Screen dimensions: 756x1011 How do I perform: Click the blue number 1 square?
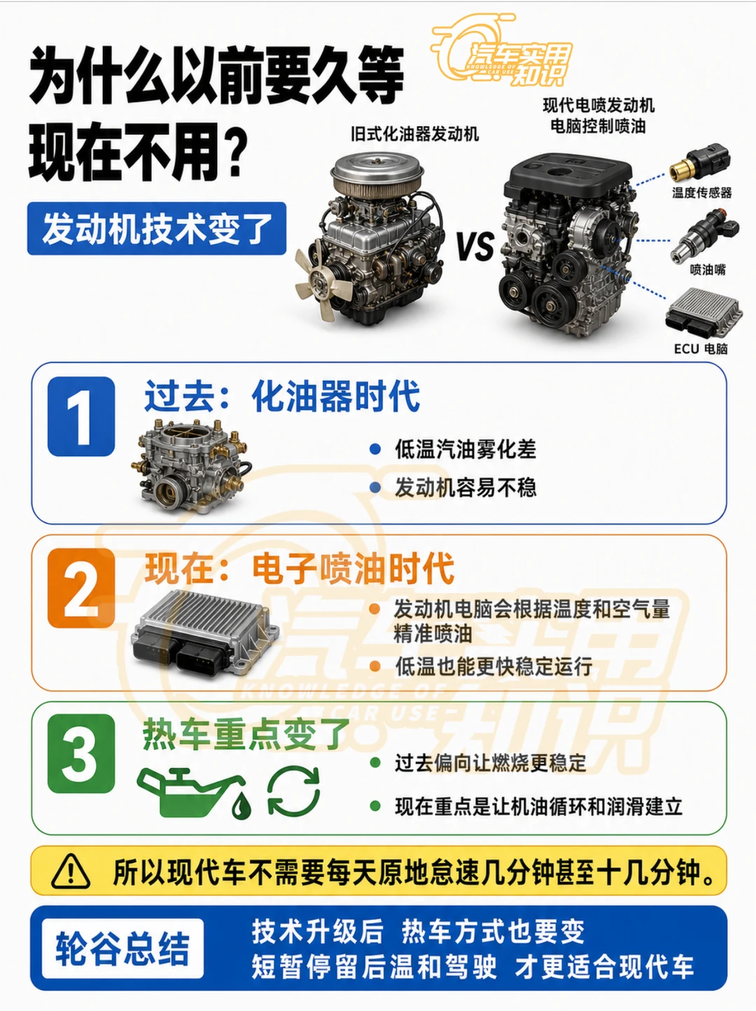pyautogui.click(x=81, y=416)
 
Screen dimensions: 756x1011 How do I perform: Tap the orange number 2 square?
pyautogui.click(x=81, y=588)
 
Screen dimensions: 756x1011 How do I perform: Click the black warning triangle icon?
pyautogui.click(x=71, y=870)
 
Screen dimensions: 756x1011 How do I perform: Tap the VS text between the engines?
pyautogui.click(x=475, y=245)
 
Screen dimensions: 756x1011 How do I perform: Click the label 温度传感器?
pyautogui.click(x=701, y=193)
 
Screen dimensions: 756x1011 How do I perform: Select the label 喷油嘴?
pyautogui.click(x=708, y=270)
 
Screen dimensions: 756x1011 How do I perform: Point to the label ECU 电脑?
pyautogui.click(x=701, y=349)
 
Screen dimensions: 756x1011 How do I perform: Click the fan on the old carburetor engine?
pyautogui.click(x=321, y=281)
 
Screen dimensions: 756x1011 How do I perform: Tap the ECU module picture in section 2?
pyautogui.click(x=205, y=632)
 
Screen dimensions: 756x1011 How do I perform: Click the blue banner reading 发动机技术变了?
pyautogui.click(x=156, y=228)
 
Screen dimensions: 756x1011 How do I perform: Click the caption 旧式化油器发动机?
pyautogui.click(x=414, y=135)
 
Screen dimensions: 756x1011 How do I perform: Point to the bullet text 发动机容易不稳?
pyautogui.click(x=465, y=488)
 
